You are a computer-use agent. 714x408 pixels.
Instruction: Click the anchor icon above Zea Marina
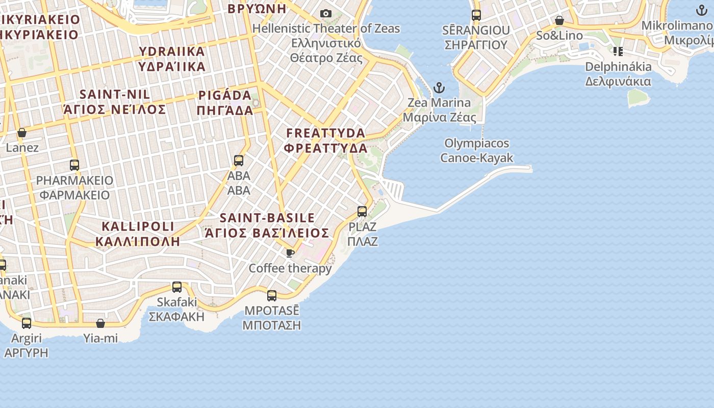pyautogui.click(x=439, y=88)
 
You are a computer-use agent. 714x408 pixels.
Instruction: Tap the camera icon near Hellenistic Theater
pyautogui.click(x=325, y=13)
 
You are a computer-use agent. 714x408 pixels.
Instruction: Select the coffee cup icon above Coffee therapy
pyautogui.click(x=290, y=253)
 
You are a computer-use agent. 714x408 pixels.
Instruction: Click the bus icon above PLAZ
pyautogui.click(x=362, y=211)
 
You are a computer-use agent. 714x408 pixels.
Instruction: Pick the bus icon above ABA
pyautogui.click(x=239, y=161)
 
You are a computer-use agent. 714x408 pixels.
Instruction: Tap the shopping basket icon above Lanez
pyautogui.click(x=22, y=133)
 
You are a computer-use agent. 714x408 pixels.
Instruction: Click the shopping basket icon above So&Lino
pyautogui.click(x=559, y=20)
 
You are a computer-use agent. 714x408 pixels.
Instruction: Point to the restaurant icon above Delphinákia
pyautogui.click(x=618, y=51)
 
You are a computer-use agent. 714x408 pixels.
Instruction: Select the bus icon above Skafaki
pyautogui.click(x=177, y=287)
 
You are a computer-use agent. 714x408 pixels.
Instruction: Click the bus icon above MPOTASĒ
pyautogui.click(x=272, y=295)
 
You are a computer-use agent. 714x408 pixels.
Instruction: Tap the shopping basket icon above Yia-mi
pyautogui.click(x=100, y=323)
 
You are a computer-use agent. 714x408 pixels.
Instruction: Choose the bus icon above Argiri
pyautogui.click(x=27, y=323)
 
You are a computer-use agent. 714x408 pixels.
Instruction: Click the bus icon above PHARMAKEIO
pyautogui.click(x=74, y=165)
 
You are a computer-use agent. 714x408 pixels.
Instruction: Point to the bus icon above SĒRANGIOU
pyautogui.click(x=476, y=15)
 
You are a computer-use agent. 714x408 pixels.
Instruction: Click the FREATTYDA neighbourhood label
pyautogui.click(x=326, y=141)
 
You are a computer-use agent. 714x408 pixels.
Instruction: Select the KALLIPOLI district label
pyautogui.click(x=138, y=234)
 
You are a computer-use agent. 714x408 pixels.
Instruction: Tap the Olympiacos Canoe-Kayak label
pyautogui.click(x=477, y=150)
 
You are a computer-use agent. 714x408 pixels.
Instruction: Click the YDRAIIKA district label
pyautogui.click(x=172, y=59)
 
